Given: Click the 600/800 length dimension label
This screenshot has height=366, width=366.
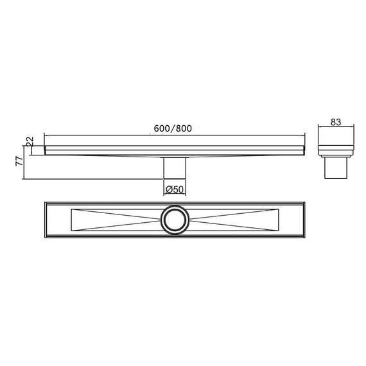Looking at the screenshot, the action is click(173, 128).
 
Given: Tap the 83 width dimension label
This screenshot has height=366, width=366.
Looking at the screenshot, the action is click(336, 122).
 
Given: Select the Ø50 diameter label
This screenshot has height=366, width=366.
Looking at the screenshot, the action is click(175, 189).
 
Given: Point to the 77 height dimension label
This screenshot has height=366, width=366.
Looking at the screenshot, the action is click(19, 161).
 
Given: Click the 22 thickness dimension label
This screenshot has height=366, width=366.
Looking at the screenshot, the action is click(30, 141).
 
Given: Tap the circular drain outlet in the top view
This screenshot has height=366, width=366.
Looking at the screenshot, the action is click(175, 220).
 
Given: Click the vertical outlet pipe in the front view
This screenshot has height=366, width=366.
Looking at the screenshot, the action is click(175, 168).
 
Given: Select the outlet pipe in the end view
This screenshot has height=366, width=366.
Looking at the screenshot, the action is click(336, 168).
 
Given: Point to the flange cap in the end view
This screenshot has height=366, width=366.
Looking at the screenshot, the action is click(336, 150).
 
